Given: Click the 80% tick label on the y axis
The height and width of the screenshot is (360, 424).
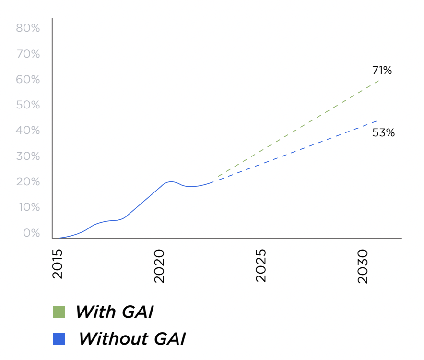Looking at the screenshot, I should pos(28,28).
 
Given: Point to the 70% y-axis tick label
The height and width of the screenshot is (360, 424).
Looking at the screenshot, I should pos(28,54).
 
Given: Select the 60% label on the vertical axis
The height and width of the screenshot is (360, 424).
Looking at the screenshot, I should pos(28,79).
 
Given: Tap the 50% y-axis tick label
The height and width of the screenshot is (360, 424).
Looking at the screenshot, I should pos(28,105).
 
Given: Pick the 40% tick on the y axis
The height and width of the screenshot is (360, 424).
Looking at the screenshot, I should pos(28,131).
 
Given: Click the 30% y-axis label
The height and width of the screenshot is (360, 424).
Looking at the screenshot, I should pos(28,156).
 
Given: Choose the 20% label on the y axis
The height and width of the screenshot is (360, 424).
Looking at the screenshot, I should pos(28,182).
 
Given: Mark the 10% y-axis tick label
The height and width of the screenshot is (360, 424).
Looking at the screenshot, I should pos(28,207).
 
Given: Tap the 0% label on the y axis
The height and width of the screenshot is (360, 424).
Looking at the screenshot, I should pos(30,233).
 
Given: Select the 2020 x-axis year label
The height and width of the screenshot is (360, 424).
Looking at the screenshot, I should pos(160,265).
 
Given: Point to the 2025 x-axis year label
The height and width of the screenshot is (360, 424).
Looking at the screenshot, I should pos(261,265).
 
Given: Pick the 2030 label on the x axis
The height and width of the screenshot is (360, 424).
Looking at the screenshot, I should pos(363,265).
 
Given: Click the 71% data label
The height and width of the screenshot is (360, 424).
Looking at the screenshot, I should pos(382,71).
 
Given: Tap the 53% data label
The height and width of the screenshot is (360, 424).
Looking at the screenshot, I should pos(383,133).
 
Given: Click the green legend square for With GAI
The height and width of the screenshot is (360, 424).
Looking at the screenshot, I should pos(59,312).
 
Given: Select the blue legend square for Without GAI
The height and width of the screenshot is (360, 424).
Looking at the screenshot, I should pos(59,339).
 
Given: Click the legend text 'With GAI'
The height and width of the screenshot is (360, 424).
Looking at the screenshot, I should pos(114,312).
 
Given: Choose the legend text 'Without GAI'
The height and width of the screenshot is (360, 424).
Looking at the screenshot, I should pos(132,339).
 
